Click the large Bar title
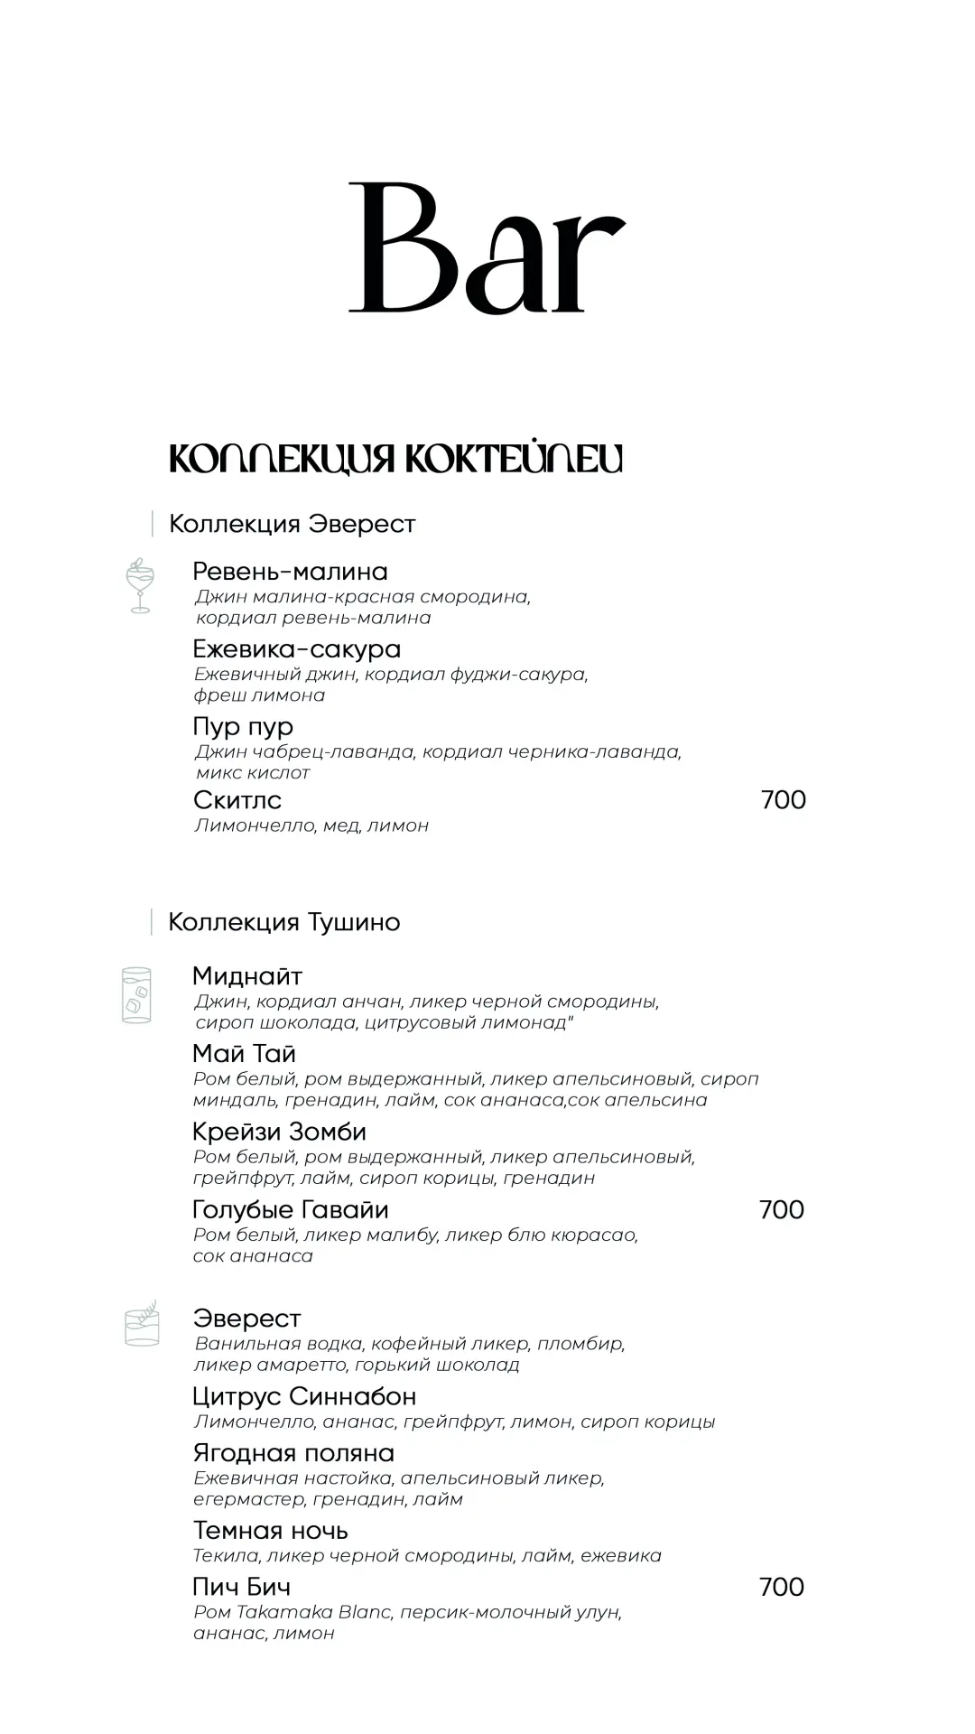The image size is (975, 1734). tap(487, 248)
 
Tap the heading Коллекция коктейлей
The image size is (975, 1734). tap(395, 459)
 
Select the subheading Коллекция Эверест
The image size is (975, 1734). tap(292, 524)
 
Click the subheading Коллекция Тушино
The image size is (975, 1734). tap(283, 922)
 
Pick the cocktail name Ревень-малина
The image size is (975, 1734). tap(290, 572)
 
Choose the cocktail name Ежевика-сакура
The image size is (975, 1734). tap(296, 649)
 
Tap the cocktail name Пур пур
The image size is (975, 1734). tap(243, 727)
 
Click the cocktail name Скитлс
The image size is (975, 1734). tap(237, 800)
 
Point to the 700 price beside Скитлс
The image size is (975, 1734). tap(783, 800)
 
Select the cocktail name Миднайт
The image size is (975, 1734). tap(247, 976)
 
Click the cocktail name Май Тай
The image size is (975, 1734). tap(244, 1054)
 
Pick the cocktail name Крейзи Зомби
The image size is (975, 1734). tap(279, 1132)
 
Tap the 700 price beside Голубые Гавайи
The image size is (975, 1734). tap(781, 1209)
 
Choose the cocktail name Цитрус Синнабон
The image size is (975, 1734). tap(304, 1396)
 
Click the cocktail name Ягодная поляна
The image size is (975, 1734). tap(293, 1453)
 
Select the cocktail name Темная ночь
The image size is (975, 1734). tap(270, 1531)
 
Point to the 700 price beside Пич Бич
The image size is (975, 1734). tap(781, 1587)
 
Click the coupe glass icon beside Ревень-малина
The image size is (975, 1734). tap(140, 586)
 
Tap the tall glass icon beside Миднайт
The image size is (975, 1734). tap(137, 995)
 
